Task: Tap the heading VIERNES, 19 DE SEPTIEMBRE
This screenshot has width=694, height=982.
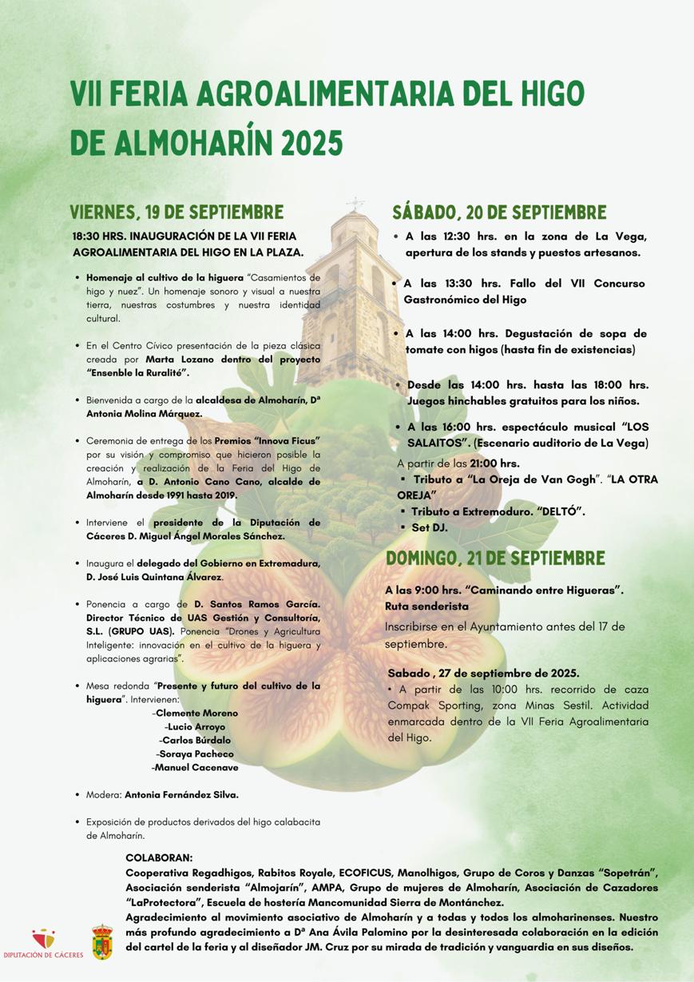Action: tap(176, 213)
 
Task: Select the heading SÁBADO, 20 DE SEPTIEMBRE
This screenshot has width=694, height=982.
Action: tap(498, 213)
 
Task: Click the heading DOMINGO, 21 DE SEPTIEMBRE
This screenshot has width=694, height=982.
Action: tap(495, 559)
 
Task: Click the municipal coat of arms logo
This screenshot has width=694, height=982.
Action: tap(102, 941)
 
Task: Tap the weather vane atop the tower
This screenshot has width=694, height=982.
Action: tap(355, 203)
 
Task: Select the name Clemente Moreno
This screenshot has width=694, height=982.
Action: tap(196, 713)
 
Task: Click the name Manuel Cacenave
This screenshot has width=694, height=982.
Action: tap(196, 767)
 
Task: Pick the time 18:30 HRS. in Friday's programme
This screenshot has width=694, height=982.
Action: tap(99, 237)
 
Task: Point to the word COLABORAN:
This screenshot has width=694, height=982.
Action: tap(160, 857)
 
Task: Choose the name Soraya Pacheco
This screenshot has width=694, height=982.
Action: tap(196, 753)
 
